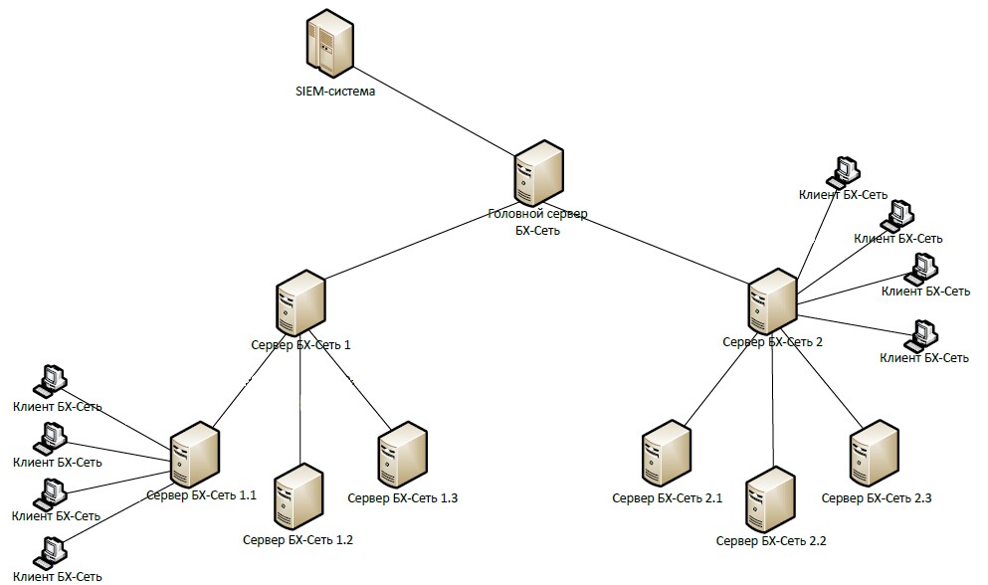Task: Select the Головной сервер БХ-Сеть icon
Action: pyautogui.click(x=539, y=175)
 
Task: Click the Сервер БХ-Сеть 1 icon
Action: pyautogui.click(x=301, y=305)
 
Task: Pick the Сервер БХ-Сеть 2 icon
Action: pyautogui.click(x=772, y=302)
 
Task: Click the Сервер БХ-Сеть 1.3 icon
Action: pyautogui.click(x=402, y=455)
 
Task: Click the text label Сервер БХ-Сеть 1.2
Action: pyautogui.click(x=297, y=540)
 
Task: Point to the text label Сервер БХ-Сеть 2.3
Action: pyautogui.click(x=876, y=496)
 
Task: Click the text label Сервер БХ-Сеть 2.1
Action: pyautogui.click(x=667, y=497)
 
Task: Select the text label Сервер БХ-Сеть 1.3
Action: pyautogui.click(x=402, y=496)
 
